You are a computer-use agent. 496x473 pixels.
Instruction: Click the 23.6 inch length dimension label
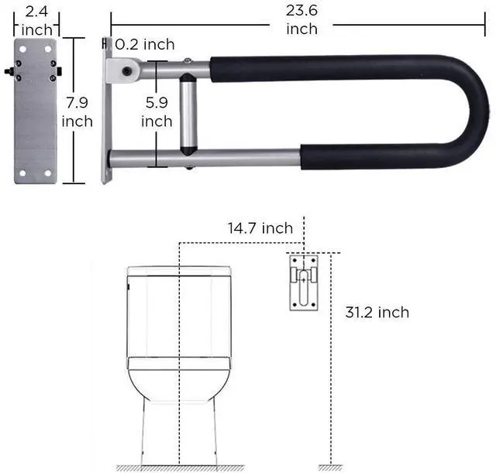point(301,19)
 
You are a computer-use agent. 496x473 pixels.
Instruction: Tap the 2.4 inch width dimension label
point(36,21)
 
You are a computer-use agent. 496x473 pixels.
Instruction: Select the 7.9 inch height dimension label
point(77,112)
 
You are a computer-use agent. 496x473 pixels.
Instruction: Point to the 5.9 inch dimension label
point(157,112)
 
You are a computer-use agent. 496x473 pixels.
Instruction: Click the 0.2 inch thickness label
point(145,45)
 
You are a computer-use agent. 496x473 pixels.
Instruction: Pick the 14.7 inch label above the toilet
point(260,228)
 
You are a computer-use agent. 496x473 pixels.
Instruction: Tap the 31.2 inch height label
point(377,312)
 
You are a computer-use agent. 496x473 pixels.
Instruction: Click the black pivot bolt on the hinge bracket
point(127,71)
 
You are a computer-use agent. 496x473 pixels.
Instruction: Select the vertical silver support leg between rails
point(188,114)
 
